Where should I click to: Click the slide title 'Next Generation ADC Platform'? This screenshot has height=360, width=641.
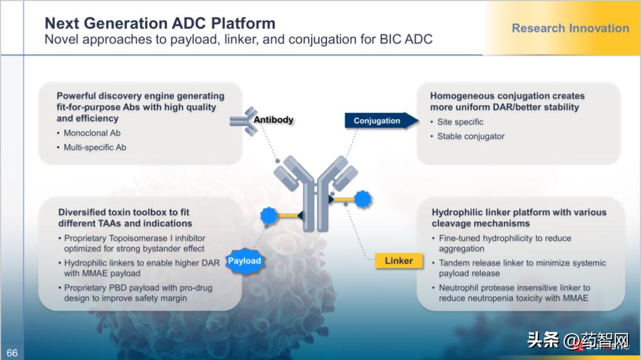point(160,24)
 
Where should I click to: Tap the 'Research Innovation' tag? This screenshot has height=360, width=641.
point(570,28)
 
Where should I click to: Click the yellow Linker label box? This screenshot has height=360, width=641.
point(398,260)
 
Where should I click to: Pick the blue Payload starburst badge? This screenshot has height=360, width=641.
point(244,260)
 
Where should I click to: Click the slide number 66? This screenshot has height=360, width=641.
point(12,353)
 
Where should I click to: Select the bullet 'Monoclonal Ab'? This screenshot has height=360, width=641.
point(92,133)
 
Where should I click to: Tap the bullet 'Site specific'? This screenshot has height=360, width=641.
point(460,122)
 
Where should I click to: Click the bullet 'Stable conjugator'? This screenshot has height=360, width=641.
point(471,136)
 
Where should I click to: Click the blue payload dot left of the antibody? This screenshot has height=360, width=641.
point(269,215)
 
